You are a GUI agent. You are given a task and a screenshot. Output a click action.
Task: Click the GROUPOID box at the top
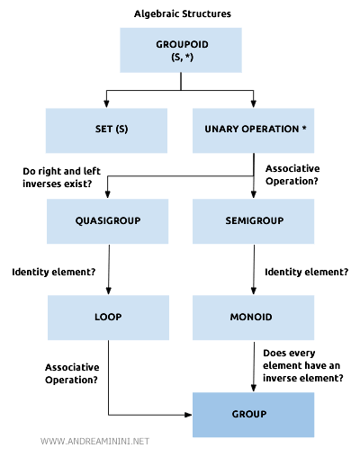tap(180, 49)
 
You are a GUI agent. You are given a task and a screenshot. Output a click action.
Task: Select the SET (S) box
tap(106, 129)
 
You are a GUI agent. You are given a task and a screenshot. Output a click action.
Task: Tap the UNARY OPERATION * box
tap(253, 129)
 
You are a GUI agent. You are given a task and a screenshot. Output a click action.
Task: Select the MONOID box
tap(253, 318)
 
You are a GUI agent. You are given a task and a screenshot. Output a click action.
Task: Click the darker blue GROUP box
tap(253, 414)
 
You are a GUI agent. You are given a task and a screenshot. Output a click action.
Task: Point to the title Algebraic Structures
tap(180, 13)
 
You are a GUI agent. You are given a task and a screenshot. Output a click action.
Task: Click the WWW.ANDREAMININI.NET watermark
tap(95, 441)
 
